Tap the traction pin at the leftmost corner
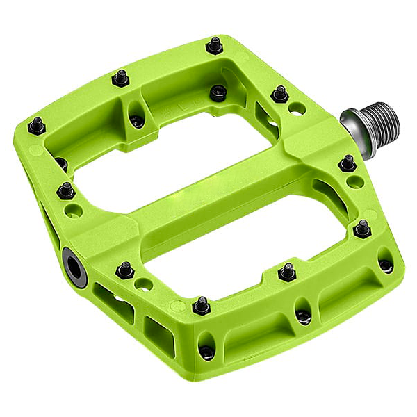(36, 126)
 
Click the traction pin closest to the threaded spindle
(347, 163)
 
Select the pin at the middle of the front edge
(202, 305)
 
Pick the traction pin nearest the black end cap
(125, 270)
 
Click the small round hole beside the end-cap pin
(144, 284)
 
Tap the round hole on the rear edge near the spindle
(296, 109)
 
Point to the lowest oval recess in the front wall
(206, 352)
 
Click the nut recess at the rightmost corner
(385, 265)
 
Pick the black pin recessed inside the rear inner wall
(218, 92)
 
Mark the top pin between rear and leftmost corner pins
(122, 77)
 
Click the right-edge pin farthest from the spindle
(362, 228)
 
